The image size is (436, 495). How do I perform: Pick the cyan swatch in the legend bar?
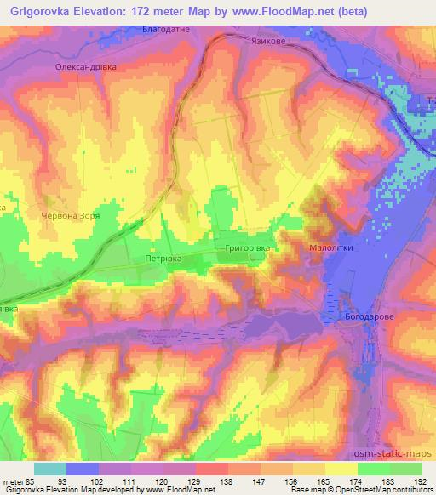[x=51, y=469]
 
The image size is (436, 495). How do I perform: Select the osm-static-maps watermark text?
[x=398, y=449]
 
